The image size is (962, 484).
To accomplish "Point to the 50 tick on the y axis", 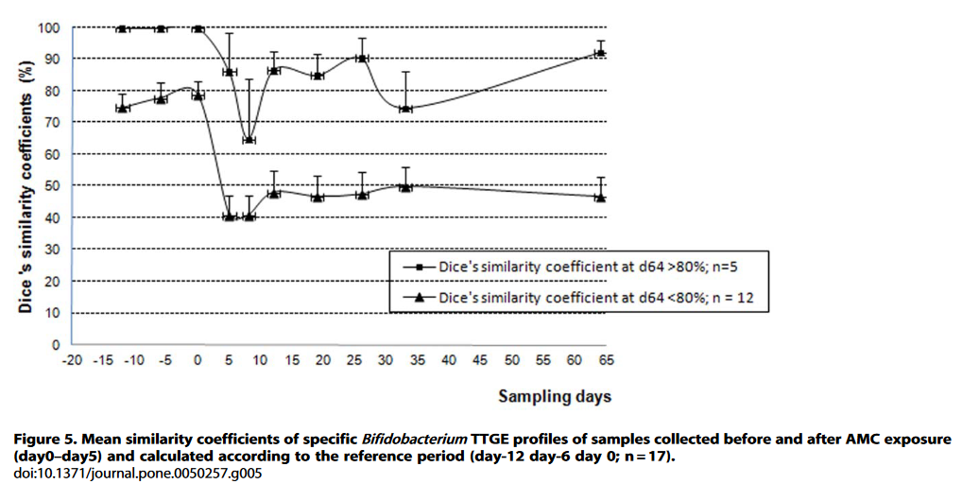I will tap(53, 186).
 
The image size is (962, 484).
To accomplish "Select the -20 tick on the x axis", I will tap(72, 361).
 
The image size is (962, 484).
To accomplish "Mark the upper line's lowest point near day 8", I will tap(249, 140).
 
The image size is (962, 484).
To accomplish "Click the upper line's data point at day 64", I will tap(600, 53).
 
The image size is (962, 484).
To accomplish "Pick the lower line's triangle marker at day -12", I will tap(122, 108).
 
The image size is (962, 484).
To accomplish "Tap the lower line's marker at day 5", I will tap(229, 216).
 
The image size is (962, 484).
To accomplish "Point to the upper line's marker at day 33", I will tap(405, 109).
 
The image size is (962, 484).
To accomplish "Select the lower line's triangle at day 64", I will tap(600, 197).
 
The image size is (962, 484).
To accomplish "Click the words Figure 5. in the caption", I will tap(44, 441).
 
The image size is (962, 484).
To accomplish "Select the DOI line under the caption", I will tap(138, 473).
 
